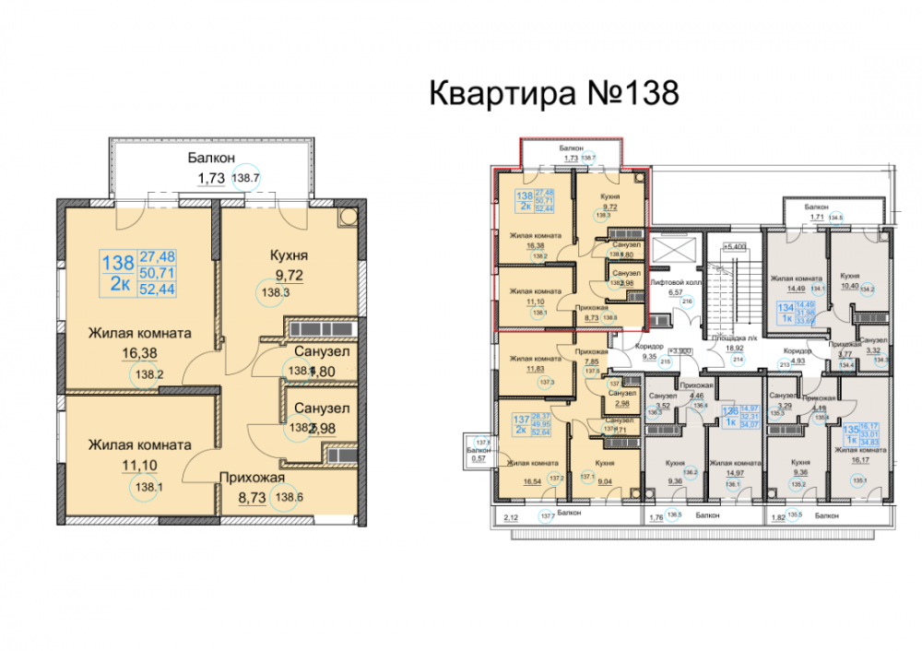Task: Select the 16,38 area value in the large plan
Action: pyautogui.click(x=139, y=353)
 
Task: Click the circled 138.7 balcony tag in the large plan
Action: pyautogui.click(x=245, y=179)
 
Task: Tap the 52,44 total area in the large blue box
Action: pyautogui.click(x=158, y=288)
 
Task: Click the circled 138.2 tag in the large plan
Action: pyautogui.click(x=148, y=375)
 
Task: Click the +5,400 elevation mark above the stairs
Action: pyautogui.click(x=735, y=246)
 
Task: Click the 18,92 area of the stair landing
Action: pyautogui.click(x=736, y=349)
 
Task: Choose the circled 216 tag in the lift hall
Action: pyautogui.click(x=686, y=302)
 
